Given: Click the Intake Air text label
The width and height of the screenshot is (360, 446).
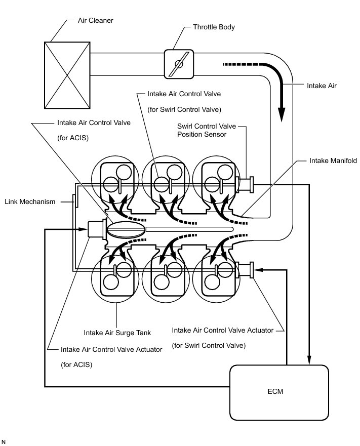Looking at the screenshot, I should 322,86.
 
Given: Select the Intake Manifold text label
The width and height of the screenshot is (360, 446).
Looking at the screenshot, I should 333,160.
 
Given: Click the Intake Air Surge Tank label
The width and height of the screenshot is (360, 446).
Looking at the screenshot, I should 114,333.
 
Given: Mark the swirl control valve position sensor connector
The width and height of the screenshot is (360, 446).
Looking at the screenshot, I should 247,185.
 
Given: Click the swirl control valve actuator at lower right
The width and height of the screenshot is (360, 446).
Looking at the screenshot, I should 247,270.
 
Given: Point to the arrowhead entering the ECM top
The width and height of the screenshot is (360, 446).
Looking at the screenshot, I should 309,360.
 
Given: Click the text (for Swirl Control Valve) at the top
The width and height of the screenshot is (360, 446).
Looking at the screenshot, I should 184,109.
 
